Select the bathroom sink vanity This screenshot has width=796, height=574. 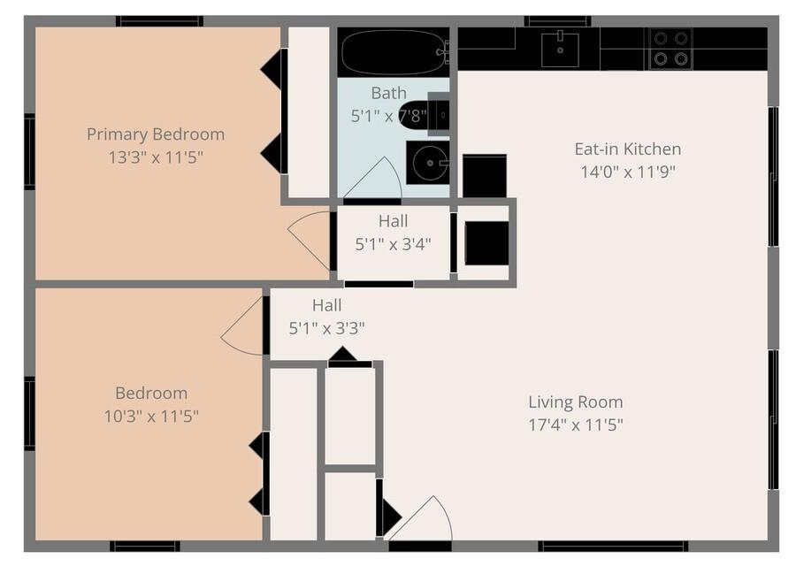pos(428,162)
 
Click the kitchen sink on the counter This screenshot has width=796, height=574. pos(560,50)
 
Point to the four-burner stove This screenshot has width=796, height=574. pos(670,49)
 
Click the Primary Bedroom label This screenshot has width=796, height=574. pos(156,134)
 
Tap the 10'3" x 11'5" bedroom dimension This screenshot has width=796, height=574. pos(151,416)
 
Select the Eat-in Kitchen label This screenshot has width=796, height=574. pos(628,149)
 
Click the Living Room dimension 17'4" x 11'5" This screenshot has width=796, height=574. pos(576,425)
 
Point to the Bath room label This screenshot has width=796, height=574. pos(389,93)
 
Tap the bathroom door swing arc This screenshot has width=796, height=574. pos(376,180)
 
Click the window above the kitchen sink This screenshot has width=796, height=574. pos(557,20)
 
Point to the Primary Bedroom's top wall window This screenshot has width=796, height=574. pos(159,20)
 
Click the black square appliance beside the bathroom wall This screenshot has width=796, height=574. pos(485,176)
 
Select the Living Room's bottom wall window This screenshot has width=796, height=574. pos(613,546)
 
